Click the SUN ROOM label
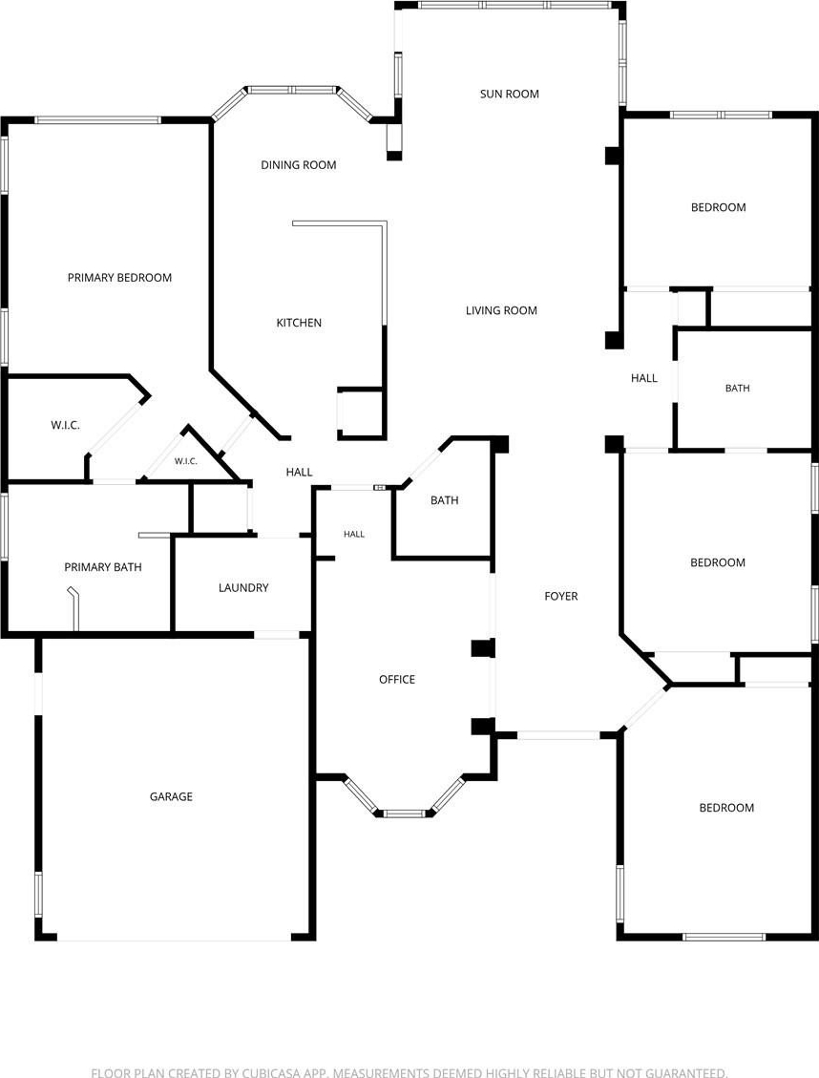point(509,94)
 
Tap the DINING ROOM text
point(298,165)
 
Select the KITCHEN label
point(299,323)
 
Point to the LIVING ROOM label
point(501,310)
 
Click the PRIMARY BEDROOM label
point(119,278)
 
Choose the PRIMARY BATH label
point(103,567)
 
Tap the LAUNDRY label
point(243,588)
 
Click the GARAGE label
point(171,797)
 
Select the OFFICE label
point(397,679)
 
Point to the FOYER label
point(561,596)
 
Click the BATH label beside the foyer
point(445,500)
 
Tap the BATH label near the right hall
point(737,389)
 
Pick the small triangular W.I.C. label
point(185,461)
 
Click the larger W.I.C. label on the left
point(65,426)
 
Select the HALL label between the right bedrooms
point(643,378)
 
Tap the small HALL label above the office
point(354,534)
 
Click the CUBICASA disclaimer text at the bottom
point(409,1072)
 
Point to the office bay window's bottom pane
point(406,814)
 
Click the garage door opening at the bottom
point(175,937)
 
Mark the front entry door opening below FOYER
point(558,735)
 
